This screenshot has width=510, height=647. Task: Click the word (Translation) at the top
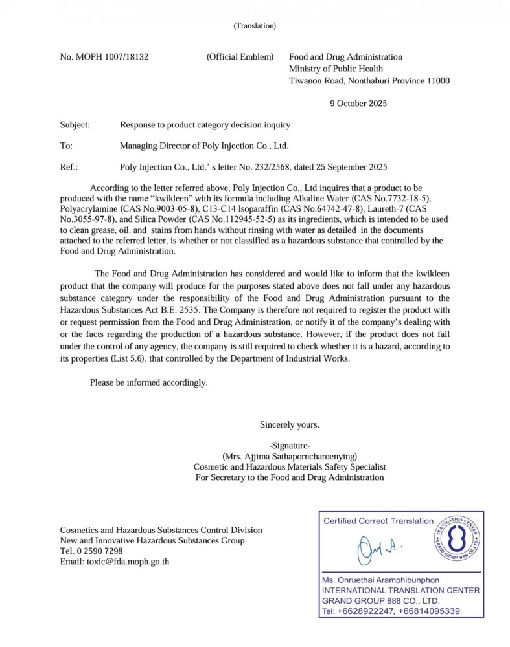point(255,26)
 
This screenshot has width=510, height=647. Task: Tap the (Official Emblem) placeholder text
point(240,57)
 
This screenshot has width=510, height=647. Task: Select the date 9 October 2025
point(358,103)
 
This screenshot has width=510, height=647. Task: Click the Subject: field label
point(75,124)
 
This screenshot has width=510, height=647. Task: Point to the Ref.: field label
point(69,166)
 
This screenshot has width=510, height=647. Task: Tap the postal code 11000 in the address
point(437,81)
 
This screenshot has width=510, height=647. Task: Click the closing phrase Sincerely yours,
point(289,425)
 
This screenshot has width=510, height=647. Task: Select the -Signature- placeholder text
point(289,446)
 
